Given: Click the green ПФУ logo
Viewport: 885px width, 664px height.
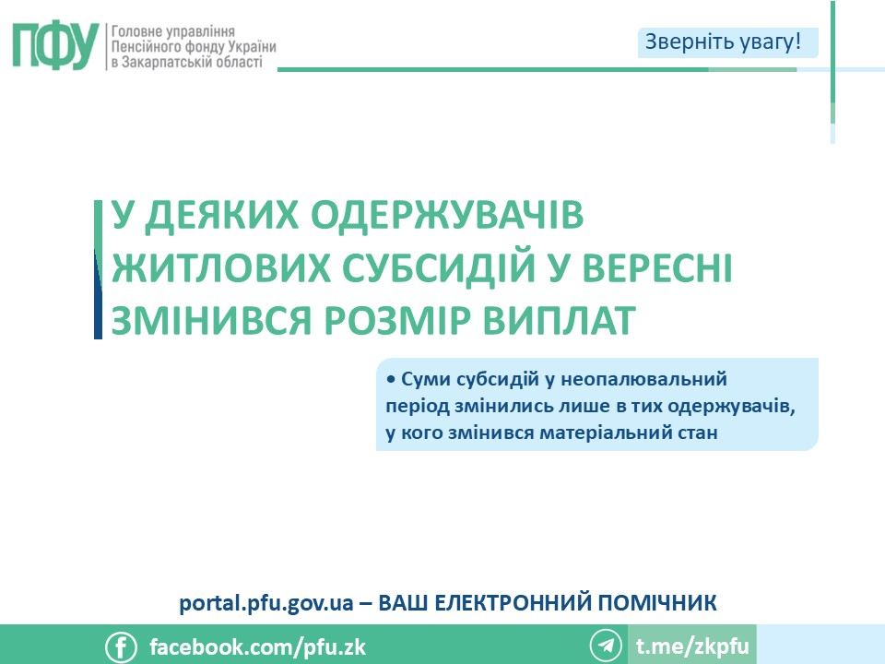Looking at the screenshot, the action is tap(56, 46).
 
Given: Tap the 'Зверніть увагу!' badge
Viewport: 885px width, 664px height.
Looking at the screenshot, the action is tap(727, 42).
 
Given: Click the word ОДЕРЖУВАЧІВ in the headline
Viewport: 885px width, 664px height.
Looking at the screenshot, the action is tap(447, 215).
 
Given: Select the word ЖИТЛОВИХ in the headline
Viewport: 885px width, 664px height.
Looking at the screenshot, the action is tap(221, 267).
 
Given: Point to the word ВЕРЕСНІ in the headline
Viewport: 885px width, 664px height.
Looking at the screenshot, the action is tap(657, 267).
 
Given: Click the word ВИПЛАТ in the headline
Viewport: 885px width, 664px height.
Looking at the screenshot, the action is tap(560, 320).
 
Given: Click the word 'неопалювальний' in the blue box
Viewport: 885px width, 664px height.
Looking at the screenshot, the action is tap(644, 379).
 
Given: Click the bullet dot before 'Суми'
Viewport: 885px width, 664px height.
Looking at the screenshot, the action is tap(391, 379).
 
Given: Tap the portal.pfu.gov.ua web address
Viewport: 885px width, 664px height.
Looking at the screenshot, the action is tap(266, 603).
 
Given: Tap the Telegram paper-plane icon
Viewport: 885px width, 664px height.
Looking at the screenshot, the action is tap(606, 646).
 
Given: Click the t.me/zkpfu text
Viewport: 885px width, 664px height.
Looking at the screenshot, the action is tap(692, 646).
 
